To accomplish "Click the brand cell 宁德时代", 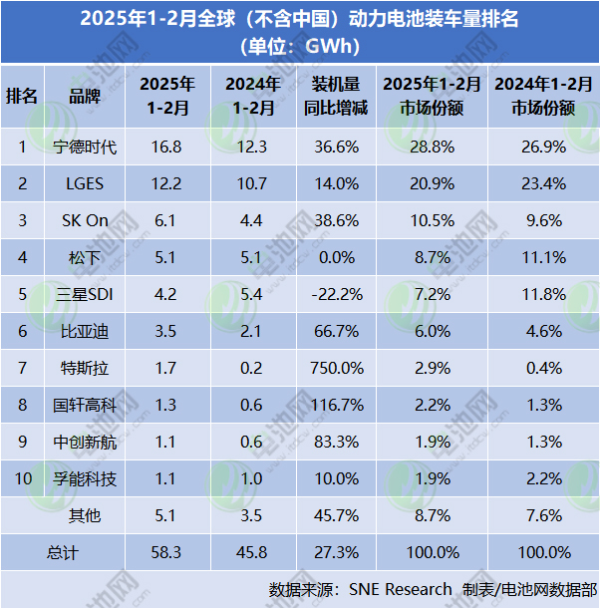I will tap(84, 148).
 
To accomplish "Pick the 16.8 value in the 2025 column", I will tap(167, 148).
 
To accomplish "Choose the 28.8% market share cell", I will tap(435, 148).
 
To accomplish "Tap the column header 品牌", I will tap(84, 96).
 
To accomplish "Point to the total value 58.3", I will tap(167, 551).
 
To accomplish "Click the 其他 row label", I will tap(84, 516).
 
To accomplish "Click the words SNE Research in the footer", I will tap(400, 589).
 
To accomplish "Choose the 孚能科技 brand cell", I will tap(84, 479).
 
